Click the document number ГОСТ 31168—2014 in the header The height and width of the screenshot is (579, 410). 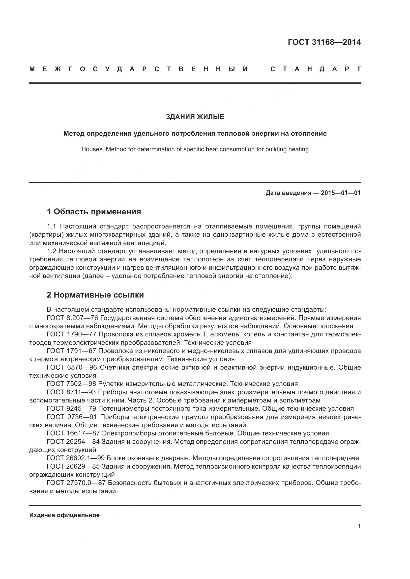click(x=324, y=42)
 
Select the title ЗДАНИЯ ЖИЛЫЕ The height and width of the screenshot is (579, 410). click(x=195, y=117)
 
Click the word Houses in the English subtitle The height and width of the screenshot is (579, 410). click(x=92, y=149)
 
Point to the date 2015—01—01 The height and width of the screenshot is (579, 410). click(x=341, y=193)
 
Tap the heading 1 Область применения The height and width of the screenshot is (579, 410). click(x=94, y=212)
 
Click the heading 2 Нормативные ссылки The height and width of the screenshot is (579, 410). click(x=95, y=295)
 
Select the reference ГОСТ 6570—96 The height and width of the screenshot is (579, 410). click(x=72, y=367)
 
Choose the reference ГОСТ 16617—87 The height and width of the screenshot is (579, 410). click(x=73, y=433)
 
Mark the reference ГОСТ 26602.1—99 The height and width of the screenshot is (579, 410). click(x=76, y=458)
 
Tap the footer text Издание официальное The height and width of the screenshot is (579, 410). click(x=64, y=515)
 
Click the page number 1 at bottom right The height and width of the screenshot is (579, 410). click(x=359, y=526)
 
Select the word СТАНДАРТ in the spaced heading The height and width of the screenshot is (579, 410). click(x=316, y=69)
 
